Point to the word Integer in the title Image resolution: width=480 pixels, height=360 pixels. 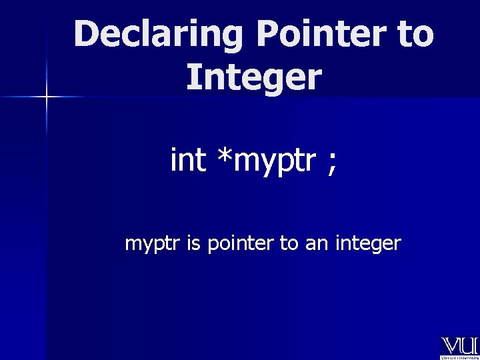[254, 77]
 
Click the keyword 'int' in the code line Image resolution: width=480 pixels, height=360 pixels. [189, 161]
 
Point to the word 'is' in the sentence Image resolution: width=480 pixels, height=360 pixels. [193, 243]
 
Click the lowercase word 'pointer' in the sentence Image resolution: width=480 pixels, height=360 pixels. [240, 244]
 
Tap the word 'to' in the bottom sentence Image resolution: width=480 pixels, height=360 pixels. [289, 244]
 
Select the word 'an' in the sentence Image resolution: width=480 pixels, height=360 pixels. [316, 245]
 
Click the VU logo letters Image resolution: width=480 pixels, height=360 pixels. [459, 345]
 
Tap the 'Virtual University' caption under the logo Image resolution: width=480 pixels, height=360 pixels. [459, 357]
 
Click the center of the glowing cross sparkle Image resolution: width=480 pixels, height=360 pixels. [47, 97]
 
